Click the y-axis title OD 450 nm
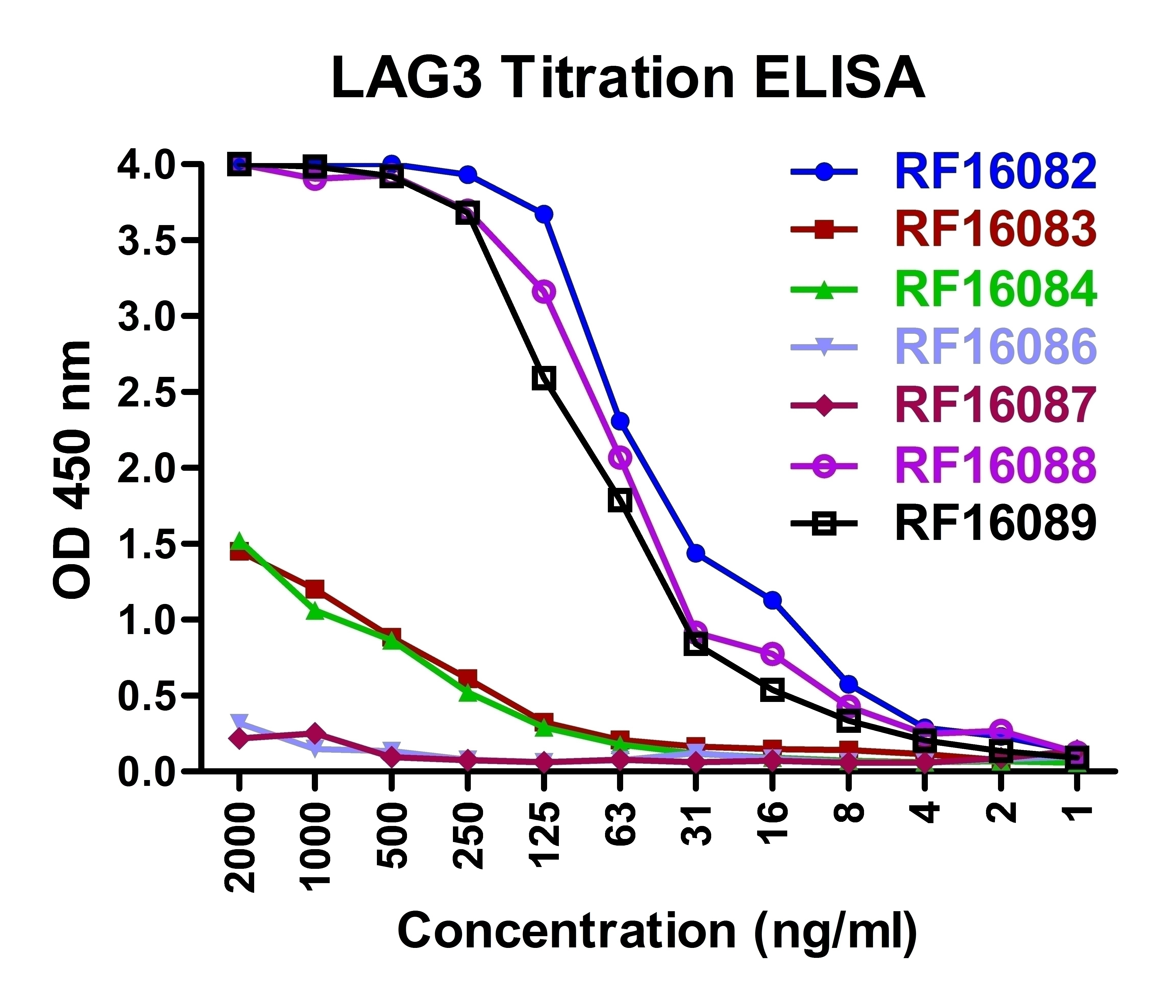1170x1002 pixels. pos(72,468)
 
